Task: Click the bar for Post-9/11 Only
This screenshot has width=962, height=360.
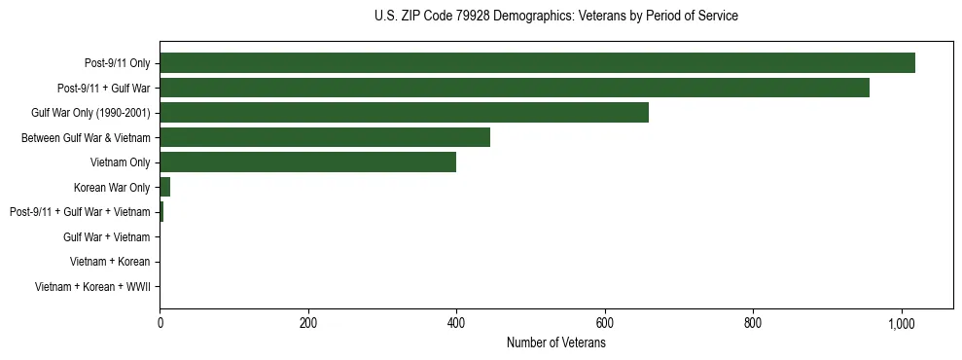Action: (537, 63)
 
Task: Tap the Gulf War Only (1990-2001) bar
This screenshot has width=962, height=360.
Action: (404, 113)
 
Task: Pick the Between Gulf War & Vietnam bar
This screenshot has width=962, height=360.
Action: (325, 138)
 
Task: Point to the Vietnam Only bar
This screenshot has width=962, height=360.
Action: (307, 162)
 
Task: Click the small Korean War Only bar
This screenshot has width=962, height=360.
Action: (165, 187)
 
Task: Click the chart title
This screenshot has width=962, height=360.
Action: (555, 17)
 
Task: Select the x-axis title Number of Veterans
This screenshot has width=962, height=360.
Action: (555, 343)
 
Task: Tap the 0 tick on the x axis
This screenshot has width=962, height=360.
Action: (160, 323)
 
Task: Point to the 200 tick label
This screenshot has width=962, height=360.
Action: (308, 323)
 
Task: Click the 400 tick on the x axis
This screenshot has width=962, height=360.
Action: (456, 323)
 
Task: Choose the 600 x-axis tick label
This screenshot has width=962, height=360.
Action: (605, 323)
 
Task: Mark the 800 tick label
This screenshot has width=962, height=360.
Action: (753, 323)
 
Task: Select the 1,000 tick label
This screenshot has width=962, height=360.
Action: (902, 323)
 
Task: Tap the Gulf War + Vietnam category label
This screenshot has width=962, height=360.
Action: (106, 237)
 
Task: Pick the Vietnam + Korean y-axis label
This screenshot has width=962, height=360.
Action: (110, 262)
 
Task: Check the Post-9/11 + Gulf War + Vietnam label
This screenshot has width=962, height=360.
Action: (80, 212)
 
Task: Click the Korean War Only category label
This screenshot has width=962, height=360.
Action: (112, 188)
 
